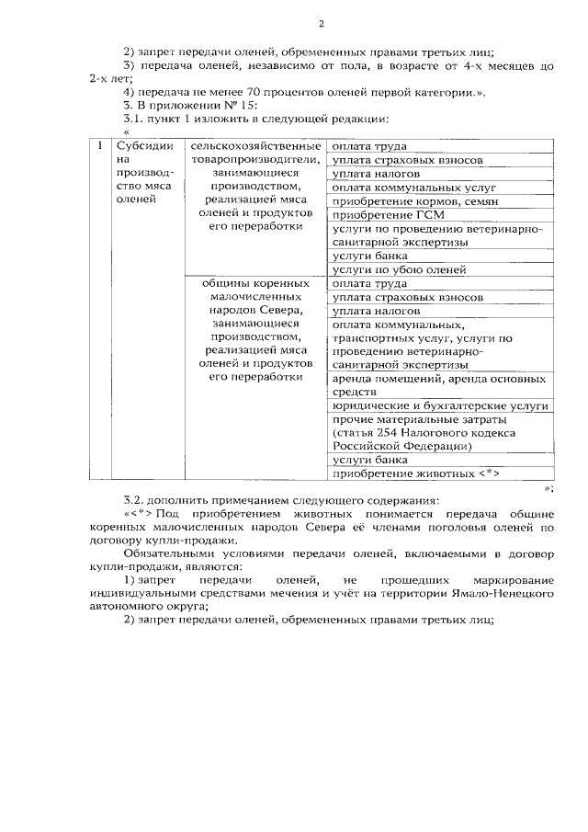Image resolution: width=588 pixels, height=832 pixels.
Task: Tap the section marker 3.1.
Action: [x=134, y=119]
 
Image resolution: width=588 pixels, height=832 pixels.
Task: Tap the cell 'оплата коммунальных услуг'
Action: [x=404, y=187]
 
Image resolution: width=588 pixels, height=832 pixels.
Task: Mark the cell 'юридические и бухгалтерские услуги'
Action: [x=439, y=405]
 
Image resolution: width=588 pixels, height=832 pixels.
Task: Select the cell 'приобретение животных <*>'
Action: [x=413, y=473]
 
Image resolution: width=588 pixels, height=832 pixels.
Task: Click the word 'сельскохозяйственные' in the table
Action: [x=254, y=146]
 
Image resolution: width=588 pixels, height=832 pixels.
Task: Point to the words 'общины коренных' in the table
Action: [x=254, y=284]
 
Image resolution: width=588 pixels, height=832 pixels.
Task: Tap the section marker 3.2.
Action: [x=134, y=500]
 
